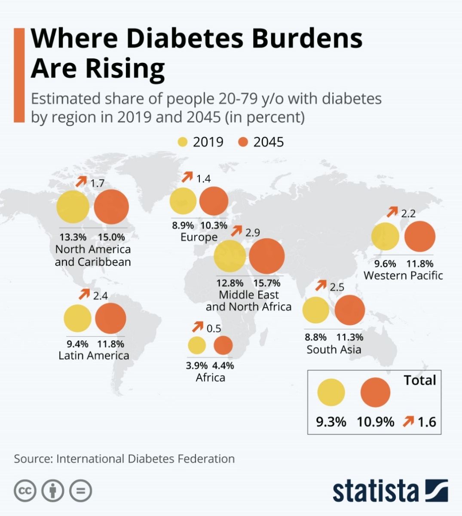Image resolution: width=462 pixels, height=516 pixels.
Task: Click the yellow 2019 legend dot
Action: click(183, 142)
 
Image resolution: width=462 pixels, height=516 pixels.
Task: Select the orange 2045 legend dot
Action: click(243, 142)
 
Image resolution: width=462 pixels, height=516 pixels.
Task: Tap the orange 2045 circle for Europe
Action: click(214, 201)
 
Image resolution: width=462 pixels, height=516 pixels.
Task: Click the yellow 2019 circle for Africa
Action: click(197, 345)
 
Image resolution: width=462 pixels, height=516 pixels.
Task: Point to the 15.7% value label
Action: click(267, 283)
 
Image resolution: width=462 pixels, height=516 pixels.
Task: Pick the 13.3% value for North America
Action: click(73, 237)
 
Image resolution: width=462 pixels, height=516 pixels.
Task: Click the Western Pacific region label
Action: click(403, 275)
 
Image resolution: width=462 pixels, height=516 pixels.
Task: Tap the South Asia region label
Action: click(334, 349)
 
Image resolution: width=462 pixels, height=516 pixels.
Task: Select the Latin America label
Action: click(94, 355)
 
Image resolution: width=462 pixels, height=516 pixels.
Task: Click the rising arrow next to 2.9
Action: click(236, 231)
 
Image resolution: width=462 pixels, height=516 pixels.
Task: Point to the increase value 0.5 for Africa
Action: click(214, 329)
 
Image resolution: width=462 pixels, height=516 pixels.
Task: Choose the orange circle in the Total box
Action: click(375, 393)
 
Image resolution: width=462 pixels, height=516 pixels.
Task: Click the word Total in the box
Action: click(420, 380)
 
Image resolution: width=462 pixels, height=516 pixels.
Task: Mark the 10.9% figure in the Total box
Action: click(375, 422)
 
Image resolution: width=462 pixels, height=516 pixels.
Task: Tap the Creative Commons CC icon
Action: click(25, 491)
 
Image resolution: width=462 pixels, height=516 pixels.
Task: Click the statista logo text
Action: click(375, 491)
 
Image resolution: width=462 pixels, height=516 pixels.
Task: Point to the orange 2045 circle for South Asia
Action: click(350, 310)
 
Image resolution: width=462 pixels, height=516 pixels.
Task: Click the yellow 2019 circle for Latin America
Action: click(78, 318)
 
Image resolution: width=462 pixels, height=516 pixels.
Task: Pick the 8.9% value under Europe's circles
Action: click(183, 225)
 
